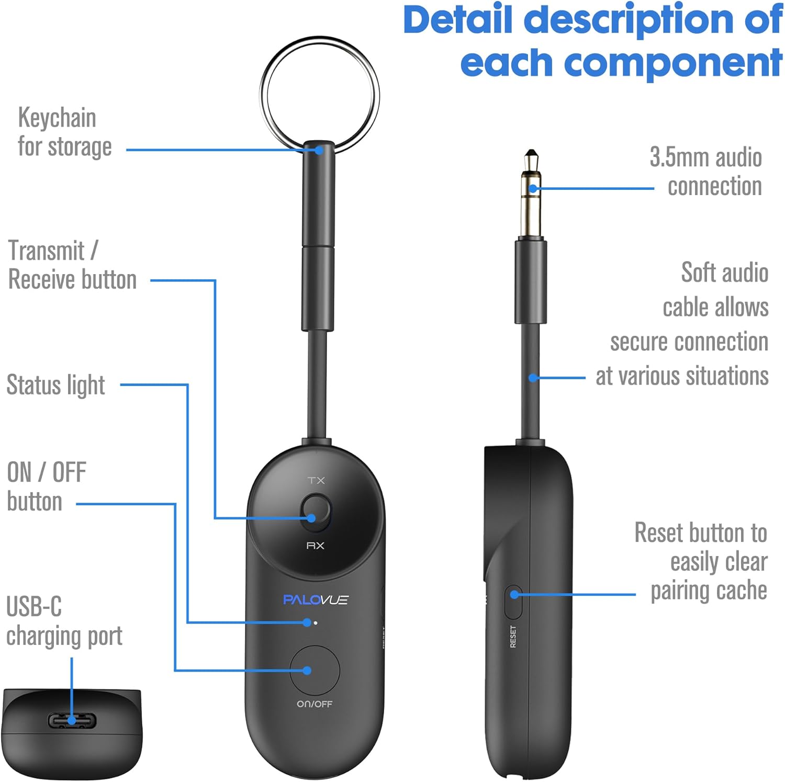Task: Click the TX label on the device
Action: (x=316, y=480)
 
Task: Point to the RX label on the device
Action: (x=315, y=546)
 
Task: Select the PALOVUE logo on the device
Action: (x=315, y=599)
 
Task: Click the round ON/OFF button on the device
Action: (x=315, y=670)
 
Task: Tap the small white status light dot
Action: (x=315, y=623)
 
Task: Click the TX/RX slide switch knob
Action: (x=316, y=511)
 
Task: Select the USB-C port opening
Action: (x=72, y=721)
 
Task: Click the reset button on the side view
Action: (x=513, y=602)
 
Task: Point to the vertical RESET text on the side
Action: (x=513, y=637)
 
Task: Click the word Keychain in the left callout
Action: (x=57, y=118)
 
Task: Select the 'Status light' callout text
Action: (x=55, y=386)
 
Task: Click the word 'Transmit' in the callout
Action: (x=47, y=251)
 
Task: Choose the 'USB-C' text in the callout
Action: (x=34, y=607)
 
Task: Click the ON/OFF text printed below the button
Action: (x=315, y=704)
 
